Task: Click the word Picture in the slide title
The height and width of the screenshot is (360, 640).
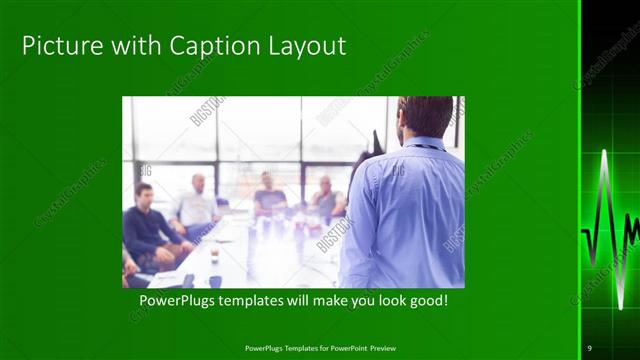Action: click(x=54, y=46)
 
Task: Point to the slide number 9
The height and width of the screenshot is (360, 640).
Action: click(x=590, y=348)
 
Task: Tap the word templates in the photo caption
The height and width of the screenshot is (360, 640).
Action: click(x=258, y=300)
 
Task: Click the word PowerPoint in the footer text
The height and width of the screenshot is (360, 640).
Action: click(x=338, y=348)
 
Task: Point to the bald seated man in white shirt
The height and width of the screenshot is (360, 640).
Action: click(x=196, y=205)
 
